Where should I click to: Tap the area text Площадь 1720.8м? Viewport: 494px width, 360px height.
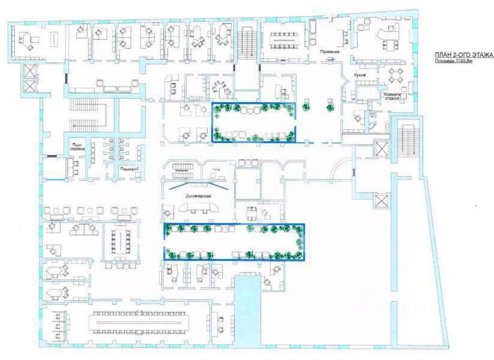(x=453, y=61)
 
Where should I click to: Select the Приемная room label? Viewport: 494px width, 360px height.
(x=329, y=52)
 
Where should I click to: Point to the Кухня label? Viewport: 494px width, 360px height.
(x=362, y=75)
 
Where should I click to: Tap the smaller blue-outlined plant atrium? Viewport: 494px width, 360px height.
(x=253, y=122)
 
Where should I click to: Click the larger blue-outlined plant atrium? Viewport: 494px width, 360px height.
(x=234, y=241)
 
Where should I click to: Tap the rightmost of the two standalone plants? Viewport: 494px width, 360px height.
(x=330, y=108)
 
